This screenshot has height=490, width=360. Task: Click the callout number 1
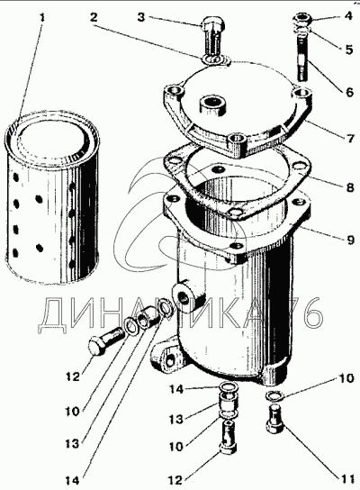point(41,17)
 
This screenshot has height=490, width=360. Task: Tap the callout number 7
point(349,138)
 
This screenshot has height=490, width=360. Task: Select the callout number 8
point(349,187)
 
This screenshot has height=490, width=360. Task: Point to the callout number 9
point(350,240)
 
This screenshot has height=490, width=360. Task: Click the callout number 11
point(346,479)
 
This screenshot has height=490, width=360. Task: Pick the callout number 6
point(349,92)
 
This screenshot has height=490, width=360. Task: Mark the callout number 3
point(141,17)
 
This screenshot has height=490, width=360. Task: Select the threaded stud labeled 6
point(302,57)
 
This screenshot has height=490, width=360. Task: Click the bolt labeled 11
point(275,420)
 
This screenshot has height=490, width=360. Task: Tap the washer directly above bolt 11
point(274,395)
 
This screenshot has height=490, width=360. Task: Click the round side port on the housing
point(184,295)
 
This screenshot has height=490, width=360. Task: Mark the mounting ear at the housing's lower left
point(166,358)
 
